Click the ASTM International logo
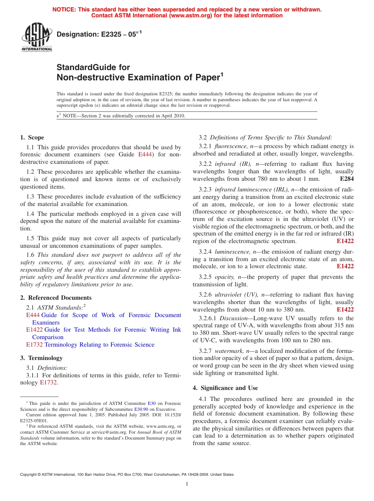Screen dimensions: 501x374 pyautogui.click(x=36, y=37)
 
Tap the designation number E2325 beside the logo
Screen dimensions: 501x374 pyautogui.click(x=109, y=34)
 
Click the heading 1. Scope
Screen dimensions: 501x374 pyautogui.click(x=32, y=137)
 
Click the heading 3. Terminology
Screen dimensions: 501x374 pyautogui.click(x=41, y=358)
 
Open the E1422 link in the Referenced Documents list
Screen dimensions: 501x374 pyautogui.click(x=34, y=330)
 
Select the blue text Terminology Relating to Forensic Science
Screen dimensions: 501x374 pyautogui.click(x=99, y=345)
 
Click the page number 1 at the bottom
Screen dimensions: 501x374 pyautogui.click(x=187, y=484)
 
